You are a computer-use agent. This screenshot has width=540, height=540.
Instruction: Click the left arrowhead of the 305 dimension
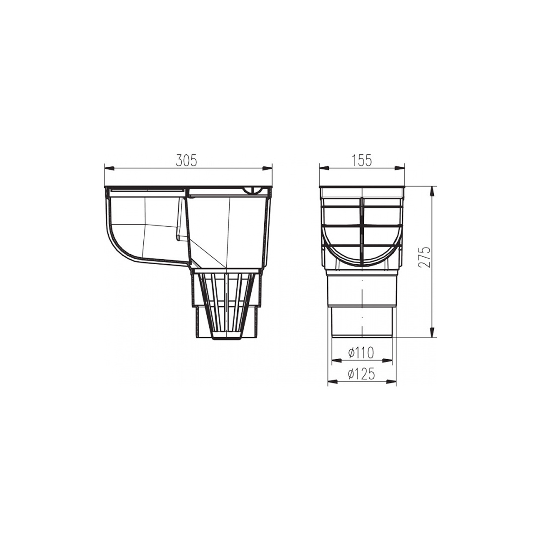pos(109,168)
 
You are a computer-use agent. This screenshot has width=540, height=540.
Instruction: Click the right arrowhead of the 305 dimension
pos(267,168)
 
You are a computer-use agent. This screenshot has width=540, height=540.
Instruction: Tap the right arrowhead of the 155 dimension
pos(399,168)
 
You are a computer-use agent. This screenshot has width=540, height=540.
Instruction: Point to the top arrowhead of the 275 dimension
pos(432,191)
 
